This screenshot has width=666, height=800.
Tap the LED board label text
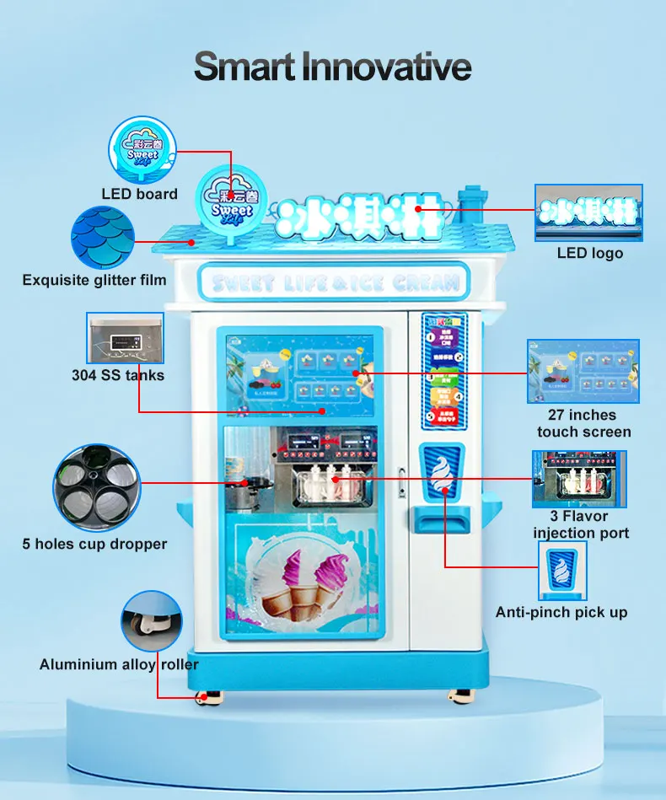pyautogui.click(x=140, y=194)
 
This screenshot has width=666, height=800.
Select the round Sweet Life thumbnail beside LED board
pyautogui.click(x=142, y=149)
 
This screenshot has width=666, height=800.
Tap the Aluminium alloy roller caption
pyautogui.click(x=119, y=665)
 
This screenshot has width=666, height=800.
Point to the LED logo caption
pyautogui.click(x=590, y=253)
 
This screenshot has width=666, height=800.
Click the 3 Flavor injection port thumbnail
pyautogui.click(x=579, y=479)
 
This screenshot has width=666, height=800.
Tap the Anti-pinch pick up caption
pyautogui.click(x=561, y=613)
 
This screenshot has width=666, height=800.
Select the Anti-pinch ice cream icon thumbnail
pyautogui.click(x=562, y=570)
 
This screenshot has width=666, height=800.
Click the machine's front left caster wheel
pyautogui.click(x=203, y=697)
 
